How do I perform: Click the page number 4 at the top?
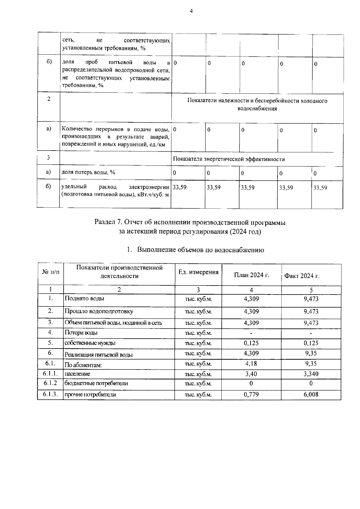click(x=191, y=11)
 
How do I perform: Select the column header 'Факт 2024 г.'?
click(x=301, y=276)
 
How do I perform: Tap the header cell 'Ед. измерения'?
click(x=198, y=272)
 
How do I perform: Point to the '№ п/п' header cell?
click(x=51, y=272)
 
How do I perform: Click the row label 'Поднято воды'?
click(x=85, y=298)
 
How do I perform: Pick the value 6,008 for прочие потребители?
click(x=311, y=394)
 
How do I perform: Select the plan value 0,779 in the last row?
click(x=251, y=394)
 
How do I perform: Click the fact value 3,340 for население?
click(x=311, y=374)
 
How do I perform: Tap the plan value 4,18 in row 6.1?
click(x=251, y=364)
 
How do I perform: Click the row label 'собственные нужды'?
click(x=90, y=343)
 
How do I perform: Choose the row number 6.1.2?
click(x=50, y=383)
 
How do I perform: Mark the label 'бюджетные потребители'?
click(x=96, y=383)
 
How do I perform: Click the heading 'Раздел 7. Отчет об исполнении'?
click(x=190, y=223)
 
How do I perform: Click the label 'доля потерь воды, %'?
click(x=88, y=172)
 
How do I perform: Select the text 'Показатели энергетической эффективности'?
click(x=229, y=159)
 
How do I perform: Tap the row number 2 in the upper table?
click(x=49, y=99)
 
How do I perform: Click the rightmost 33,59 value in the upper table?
click(x=320, y=188)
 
